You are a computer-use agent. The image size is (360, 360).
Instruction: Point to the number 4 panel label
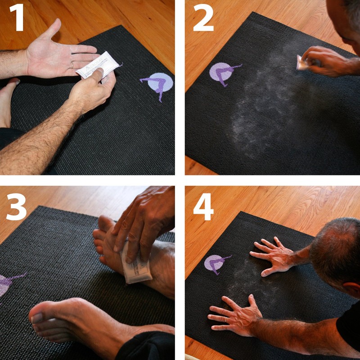click(x=203, y=206)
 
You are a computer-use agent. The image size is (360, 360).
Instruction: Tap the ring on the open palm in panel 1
click(x=72, y=64)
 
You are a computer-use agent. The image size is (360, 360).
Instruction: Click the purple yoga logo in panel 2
click(x=224, y=72)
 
